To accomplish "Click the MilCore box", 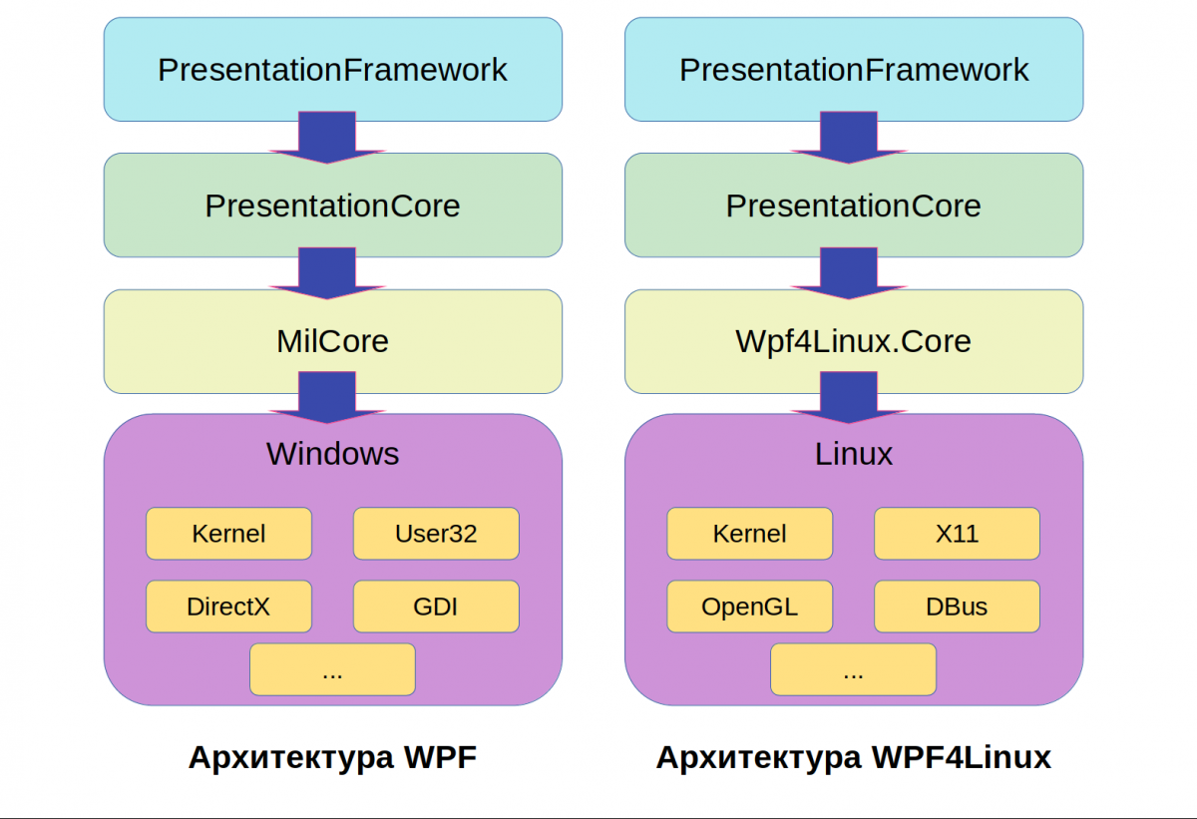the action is point(332,341).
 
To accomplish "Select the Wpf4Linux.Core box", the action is point(854,341).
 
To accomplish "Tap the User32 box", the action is point(436,534).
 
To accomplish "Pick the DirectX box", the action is point(228,607).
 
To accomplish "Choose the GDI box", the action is point(436,607).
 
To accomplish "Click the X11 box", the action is point(957,534).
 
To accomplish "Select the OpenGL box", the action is point(750,607).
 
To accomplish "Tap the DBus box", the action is point(957,607).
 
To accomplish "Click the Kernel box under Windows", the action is point(228,534).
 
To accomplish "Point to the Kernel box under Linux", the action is point(750,534).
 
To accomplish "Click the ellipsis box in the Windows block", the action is point(332,669).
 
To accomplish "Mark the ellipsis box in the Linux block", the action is point(854,669).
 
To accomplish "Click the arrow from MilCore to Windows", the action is point(327,397).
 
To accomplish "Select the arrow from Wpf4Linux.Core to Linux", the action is point(849,397).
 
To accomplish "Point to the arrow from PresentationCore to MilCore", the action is point(327,273).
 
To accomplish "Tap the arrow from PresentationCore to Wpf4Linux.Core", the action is point(849,273).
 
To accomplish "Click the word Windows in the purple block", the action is point(332,454).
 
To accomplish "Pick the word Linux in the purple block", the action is point(854,454).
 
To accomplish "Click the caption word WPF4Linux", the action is point(962,757).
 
